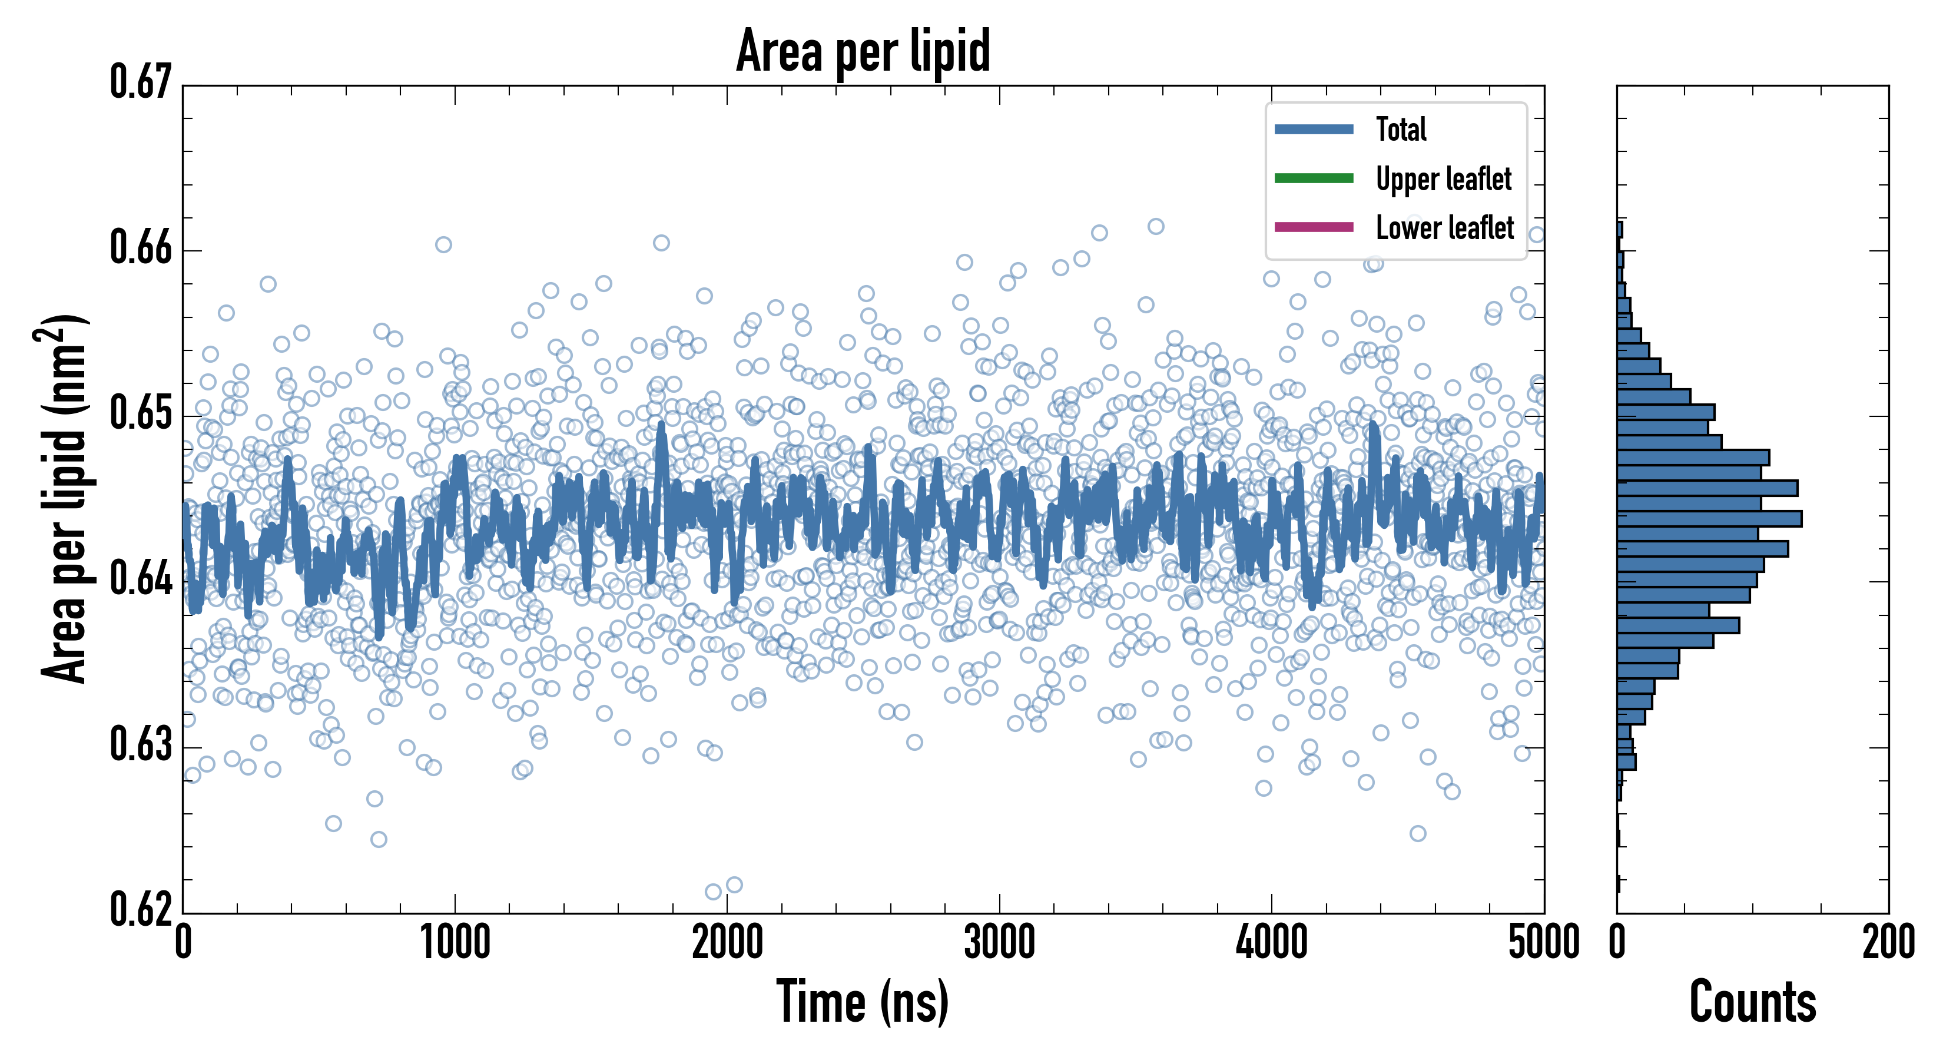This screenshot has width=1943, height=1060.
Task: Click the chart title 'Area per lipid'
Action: [x=863, y=51]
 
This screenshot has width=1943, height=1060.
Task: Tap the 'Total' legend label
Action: [x=1401, y=129]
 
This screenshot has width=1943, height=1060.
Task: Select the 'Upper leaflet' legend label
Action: [x=1444, y=179]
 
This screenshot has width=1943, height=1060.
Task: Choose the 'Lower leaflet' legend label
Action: [x=1444, y=228]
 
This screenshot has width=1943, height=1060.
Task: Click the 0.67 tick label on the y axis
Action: [x=141, y=82]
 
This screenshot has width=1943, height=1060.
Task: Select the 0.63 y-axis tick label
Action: [x=141, y=746]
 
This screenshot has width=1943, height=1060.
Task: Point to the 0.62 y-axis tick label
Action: [x=141, y=910]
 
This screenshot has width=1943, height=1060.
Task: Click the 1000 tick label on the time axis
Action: [x=455, y=943]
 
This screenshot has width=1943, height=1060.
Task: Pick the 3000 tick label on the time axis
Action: [x=999, y=943]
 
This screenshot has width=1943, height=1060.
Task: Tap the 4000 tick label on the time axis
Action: [x=1272, y=943]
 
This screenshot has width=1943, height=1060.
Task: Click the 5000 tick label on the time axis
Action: [x=1543, y=943]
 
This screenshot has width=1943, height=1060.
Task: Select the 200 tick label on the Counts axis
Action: [x=1888, y=943]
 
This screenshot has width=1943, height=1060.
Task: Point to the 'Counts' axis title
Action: [x=1752, y=1002]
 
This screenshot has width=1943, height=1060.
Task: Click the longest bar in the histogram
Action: [x=1709, y=518]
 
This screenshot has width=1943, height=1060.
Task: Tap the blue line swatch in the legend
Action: [x=1313, y=129]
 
